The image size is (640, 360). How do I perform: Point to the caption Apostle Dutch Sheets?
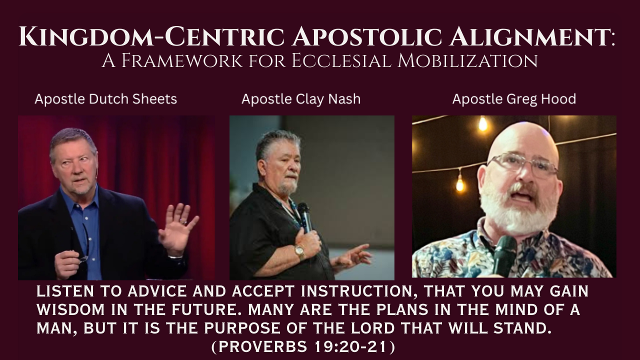pos(105,99)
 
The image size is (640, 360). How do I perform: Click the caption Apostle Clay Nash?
pos(301,99)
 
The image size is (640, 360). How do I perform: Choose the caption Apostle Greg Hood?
pos(514,99)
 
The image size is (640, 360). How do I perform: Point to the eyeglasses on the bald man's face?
pos(522,164)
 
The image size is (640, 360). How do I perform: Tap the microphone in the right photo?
pos(504,255)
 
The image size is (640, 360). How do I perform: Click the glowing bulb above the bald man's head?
pos(482,124)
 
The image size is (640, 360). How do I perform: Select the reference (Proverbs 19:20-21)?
pos(303,346)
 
